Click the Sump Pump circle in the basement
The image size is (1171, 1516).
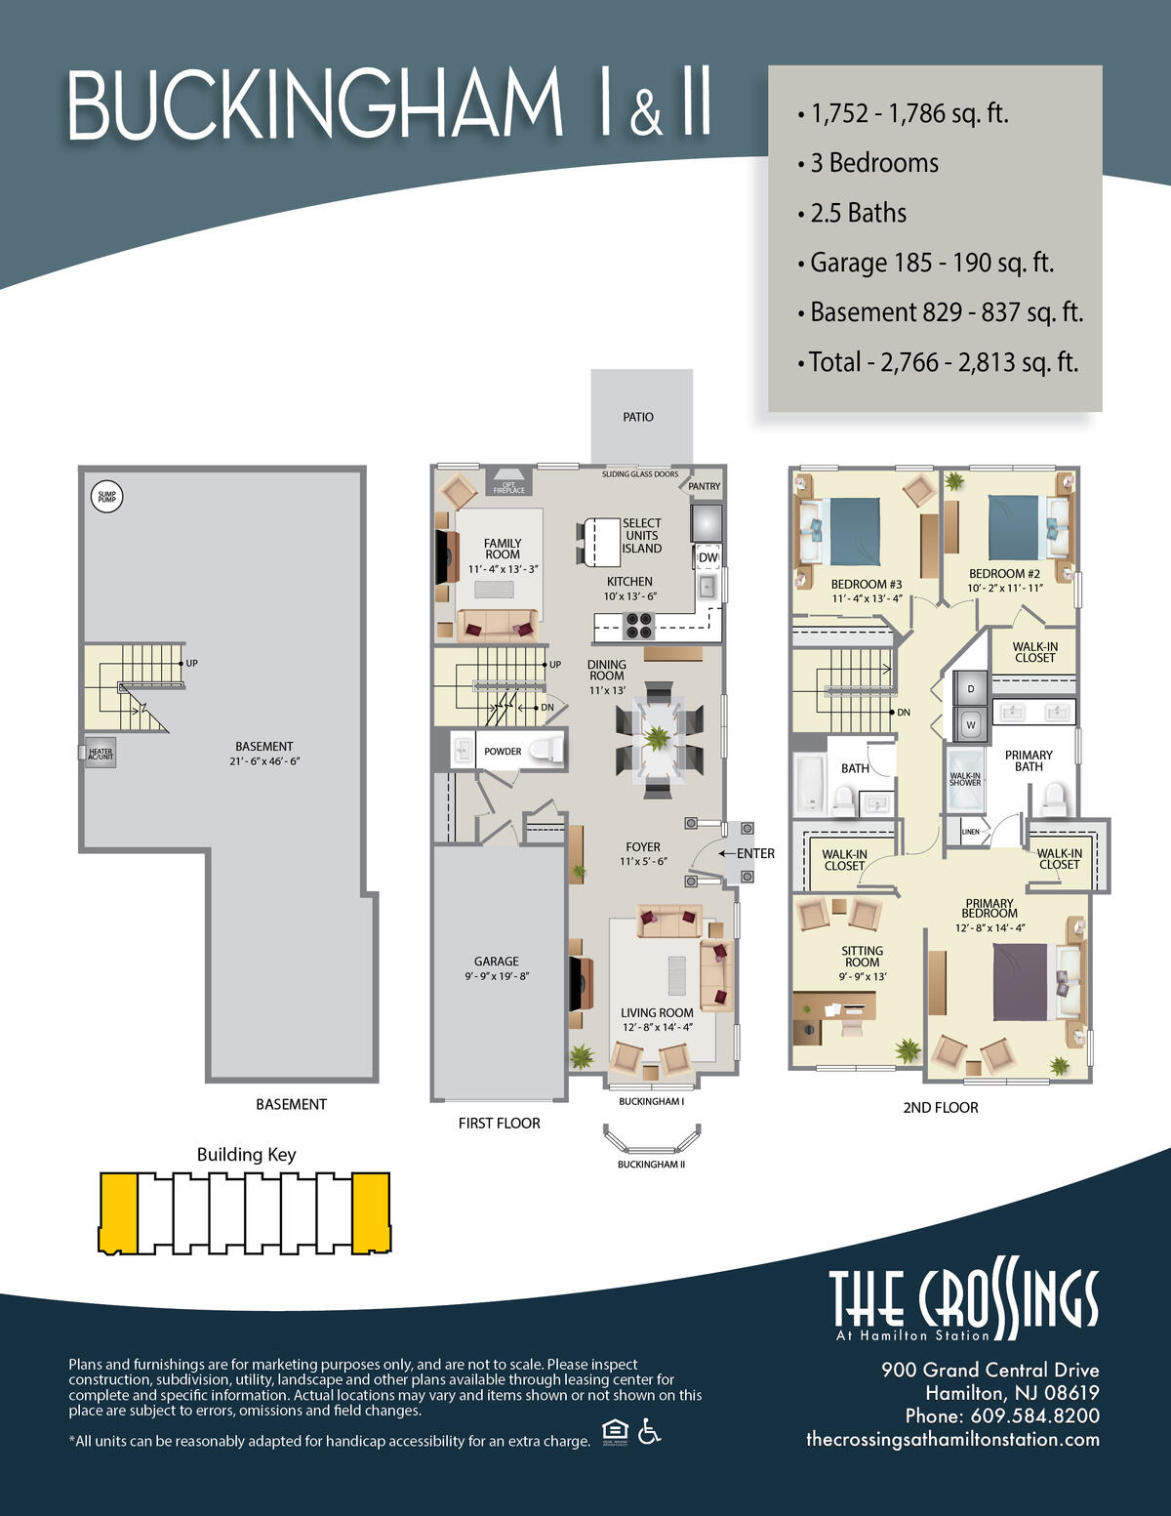pyautogui.click(x=106, y=497)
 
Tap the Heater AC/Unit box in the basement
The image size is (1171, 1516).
pyautogui.click(x=100, y=753)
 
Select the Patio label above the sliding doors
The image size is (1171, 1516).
pyautogui.click(x=638, y=417)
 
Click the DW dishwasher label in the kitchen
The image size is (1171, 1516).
pyautogui.click(x=708, y=557)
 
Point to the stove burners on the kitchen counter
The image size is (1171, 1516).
pyautogui.click(x=638, y=625)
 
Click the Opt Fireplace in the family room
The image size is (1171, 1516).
pyautogui.click(x=508, y=487)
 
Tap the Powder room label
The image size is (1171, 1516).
pyautogui.click(x=503, y=752)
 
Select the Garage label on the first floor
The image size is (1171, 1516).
pyautogui.click(x=497, y=962)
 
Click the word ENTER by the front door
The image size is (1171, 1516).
pyautogui.click(x=755, y=853)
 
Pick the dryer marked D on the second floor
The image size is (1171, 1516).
pyautogui.click(x=970, y=689)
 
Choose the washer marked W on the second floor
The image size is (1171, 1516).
pyautogui.click(x=970, y=725)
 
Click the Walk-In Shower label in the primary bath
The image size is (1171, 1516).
pyautogui.click(x=965, y=779)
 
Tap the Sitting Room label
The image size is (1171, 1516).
pyautogui.click(x=862, y=957)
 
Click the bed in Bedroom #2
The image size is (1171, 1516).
pyautogui.click(x=1015, y=528)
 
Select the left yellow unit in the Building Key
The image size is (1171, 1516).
pyautogui.click(x=118, y=1212)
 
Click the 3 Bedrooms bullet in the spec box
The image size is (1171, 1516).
pyautogui.click(x=873, y=163)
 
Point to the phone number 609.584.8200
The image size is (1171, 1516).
pyautogui.click(x=1033, y=1416)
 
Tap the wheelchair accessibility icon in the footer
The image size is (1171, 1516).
pyautogui.click(x=649, y=1432)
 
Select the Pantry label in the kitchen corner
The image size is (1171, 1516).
pyautogui.click(x=704, y=486)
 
